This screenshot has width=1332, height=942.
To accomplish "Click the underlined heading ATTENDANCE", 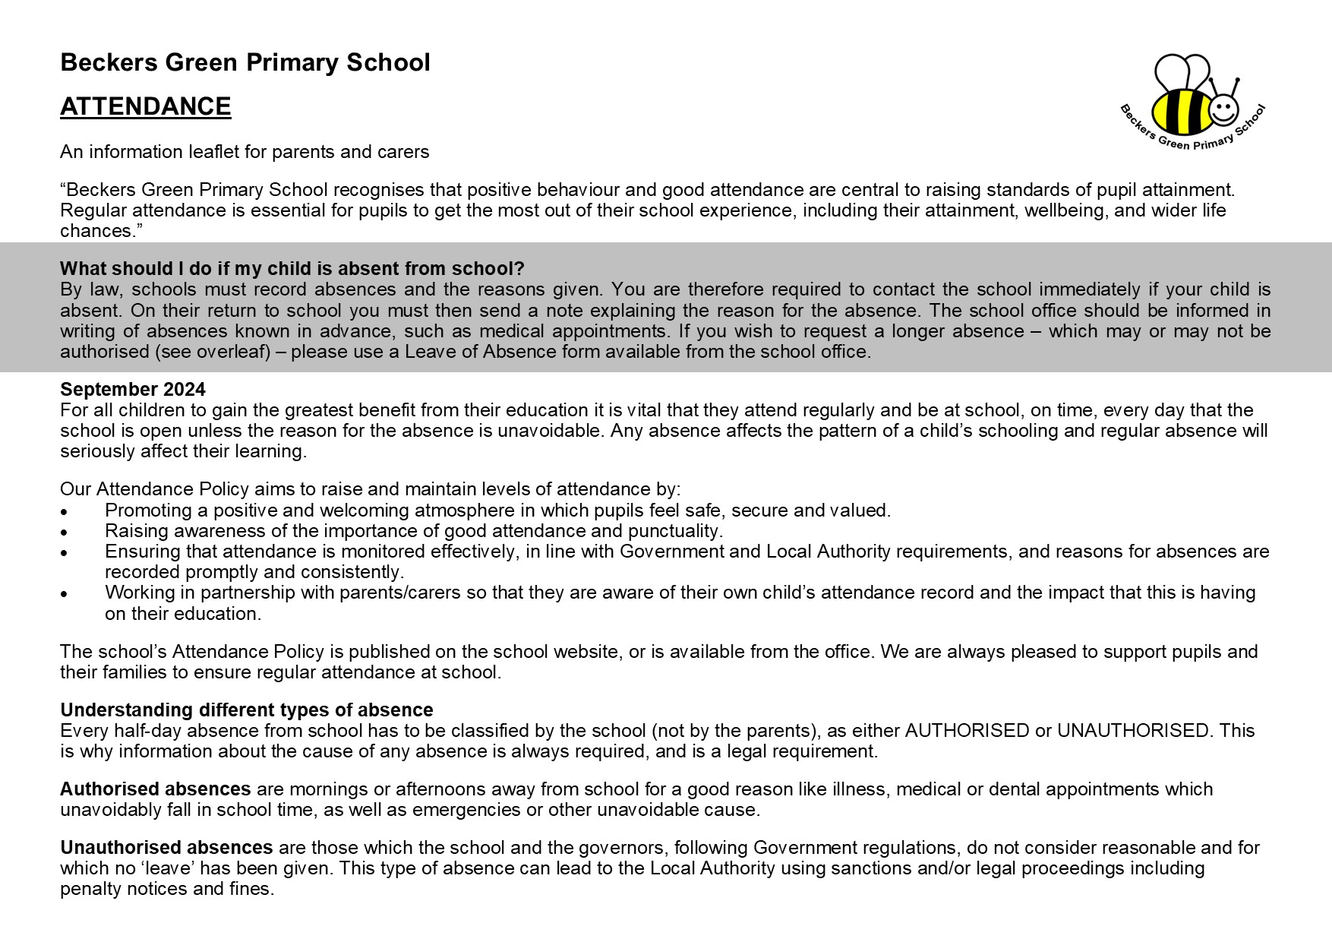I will tap(145, 106).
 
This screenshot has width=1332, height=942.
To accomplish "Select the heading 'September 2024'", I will tap(133, 390).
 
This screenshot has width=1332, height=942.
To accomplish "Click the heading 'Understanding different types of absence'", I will tap(247, 710).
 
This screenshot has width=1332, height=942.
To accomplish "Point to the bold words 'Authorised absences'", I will tap(156, 789).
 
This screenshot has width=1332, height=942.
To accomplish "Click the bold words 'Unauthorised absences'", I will tap(166, 848).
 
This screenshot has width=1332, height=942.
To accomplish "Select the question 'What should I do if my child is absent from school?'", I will tap(292, 269).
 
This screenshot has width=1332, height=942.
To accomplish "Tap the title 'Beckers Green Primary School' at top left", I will tap(245, 62).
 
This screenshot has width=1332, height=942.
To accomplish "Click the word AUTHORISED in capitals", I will tap(967, 731).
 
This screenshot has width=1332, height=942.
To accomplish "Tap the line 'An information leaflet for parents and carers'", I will tap(245, 152).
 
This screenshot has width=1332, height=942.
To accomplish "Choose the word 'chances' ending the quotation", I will tap(93, 231).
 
